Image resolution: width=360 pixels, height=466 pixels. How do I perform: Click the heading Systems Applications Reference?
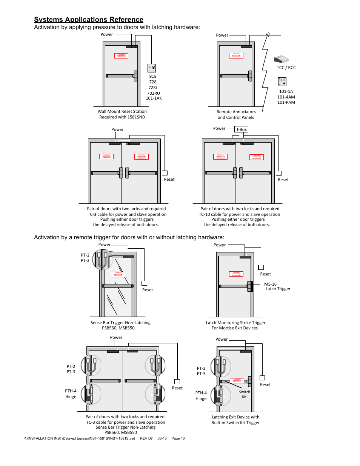tap(89, 20)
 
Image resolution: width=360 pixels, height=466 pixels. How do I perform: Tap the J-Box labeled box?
tap(241, 129)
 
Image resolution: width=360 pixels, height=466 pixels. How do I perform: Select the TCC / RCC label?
tap(286, 68)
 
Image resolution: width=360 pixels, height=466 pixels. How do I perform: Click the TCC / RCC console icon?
tap(281, 59)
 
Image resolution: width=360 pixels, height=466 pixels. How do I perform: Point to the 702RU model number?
tap(153, 93)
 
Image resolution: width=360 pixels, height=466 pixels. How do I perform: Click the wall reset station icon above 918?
tap(152, 68)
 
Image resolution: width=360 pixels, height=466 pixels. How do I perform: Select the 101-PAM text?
tap(286, 102)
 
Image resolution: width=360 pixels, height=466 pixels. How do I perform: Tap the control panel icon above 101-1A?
tap(282, 82)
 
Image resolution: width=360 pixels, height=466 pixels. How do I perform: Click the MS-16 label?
tap(270, 284)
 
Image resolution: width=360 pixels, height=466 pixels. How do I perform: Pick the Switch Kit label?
tap(245, 394)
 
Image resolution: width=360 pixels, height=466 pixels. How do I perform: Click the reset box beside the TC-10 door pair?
tap(278, 173)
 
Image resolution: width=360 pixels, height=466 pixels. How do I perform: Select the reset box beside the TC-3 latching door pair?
tap(165, 173)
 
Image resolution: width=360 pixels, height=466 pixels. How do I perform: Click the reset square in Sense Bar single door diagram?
tap(144, 283)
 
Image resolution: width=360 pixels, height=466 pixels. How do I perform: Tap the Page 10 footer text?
tap(178, 438)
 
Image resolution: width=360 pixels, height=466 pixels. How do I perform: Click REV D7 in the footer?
tap(146, 438)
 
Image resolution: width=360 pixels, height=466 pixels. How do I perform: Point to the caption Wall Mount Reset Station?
tap(122, 111)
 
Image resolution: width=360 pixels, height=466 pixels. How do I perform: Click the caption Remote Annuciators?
tap(236, 112)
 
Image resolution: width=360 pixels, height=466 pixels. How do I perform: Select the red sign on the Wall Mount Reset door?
tap(121, 55)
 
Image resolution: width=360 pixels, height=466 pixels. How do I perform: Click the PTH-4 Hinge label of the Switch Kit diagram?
tap(201, 395)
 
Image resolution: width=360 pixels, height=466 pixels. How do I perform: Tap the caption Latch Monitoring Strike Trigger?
tap(235, 323)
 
